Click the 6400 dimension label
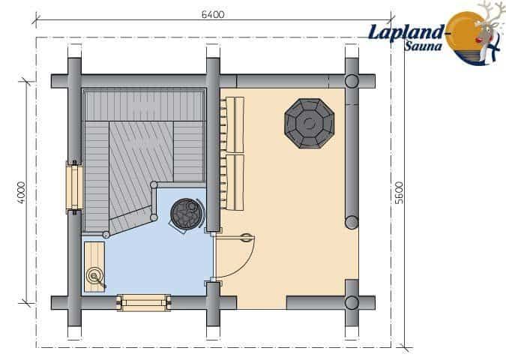pyautogui.click(x=213, y=14)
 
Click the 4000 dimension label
pyautogui.click(x=21, y=193)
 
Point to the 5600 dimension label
pyautogui.click(x=400, y=193)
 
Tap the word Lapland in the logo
pyautogui.click(x=406, y=32)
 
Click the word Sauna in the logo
pyautogui.click(x=423, y=46)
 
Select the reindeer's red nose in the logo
pyautogui.click(x=478, y=40)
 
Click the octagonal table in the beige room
pyautogui.click(x=309, y=123)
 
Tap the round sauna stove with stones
pyautogui.click(x=187, y=214)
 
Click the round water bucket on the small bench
pyautogui.click(x=94, y=276)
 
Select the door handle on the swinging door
pyautogui.click(x=247, y=238)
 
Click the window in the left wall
pyautogui.click(x=74, y=187)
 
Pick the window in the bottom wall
pyautogui.click(x=143, y=303)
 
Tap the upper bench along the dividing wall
pyautogui.click(x=235, y=124)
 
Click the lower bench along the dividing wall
pyautogui.click(x=235, y=182)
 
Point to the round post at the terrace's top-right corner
pyautogui.click(x=352, y=81)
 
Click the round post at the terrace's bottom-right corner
pyautogui.click(x=352, y=303)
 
